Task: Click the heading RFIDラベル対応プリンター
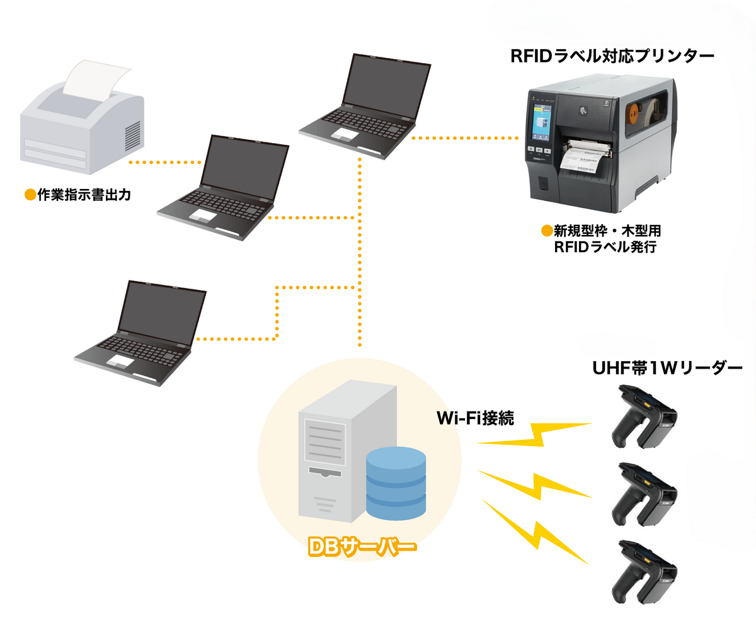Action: tap(612, 57)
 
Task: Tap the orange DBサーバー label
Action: tap(362, 547)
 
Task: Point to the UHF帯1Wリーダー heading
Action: tap(667, 368)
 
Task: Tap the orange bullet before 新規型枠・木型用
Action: tap(547, 231)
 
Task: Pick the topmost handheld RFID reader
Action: tap(646, 419)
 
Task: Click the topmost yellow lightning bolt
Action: tap(534, 435)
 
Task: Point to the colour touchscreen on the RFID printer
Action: tap(542, 124)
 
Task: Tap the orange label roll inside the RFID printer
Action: tap(632, 117)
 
